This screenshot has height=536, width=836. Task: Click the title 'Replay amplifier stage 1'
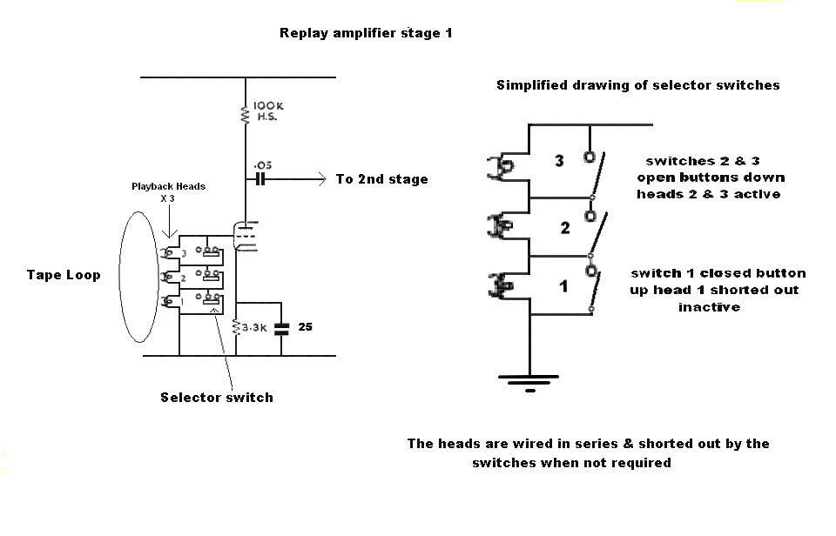coord(366,34)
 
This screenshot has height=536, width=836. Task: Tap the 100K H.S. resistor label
coord(268,111)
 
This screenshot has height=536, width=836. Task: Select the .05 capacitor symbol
coord(260,179)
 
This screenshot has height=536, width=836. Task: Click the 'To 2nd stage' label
coord(381,179)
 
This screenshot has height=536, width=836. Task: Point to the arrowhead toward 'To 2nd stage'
coord(320,179)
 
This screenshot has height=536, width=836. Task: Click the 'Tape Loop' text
coord(64,275)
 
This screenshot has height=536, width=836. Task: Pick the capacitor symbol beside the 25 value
coord(281,329)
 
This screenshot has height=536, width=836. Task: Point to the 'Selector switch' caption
coord(216,398)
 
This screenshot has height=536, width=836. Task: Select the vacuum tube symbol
coord(246,236)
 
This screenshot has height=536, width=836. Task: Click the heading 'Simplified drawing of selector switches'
coord(637,85)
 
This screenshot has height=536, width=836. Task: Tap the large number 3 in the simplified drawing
coord(559,161)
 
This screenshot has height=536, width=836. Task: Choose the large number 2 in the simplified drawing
coord(565,228)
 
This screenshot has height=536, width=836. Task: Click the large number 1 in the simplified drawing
coord(563,285)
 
